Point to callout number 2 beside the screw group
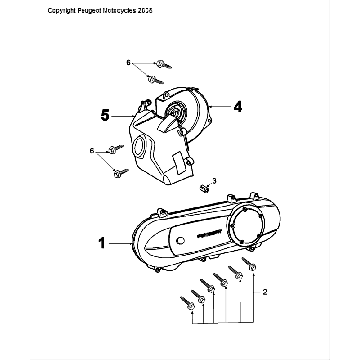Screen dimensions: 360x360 coord(264,294)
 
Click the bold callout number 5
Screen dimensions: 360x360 coord(105,114)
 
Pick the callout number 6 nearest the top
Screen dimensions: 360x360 coord(128,63)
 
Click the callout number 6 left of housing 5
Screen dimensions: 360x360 coord(93,149)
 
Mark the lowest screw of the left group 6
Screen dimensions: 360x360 coord(120,172)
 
